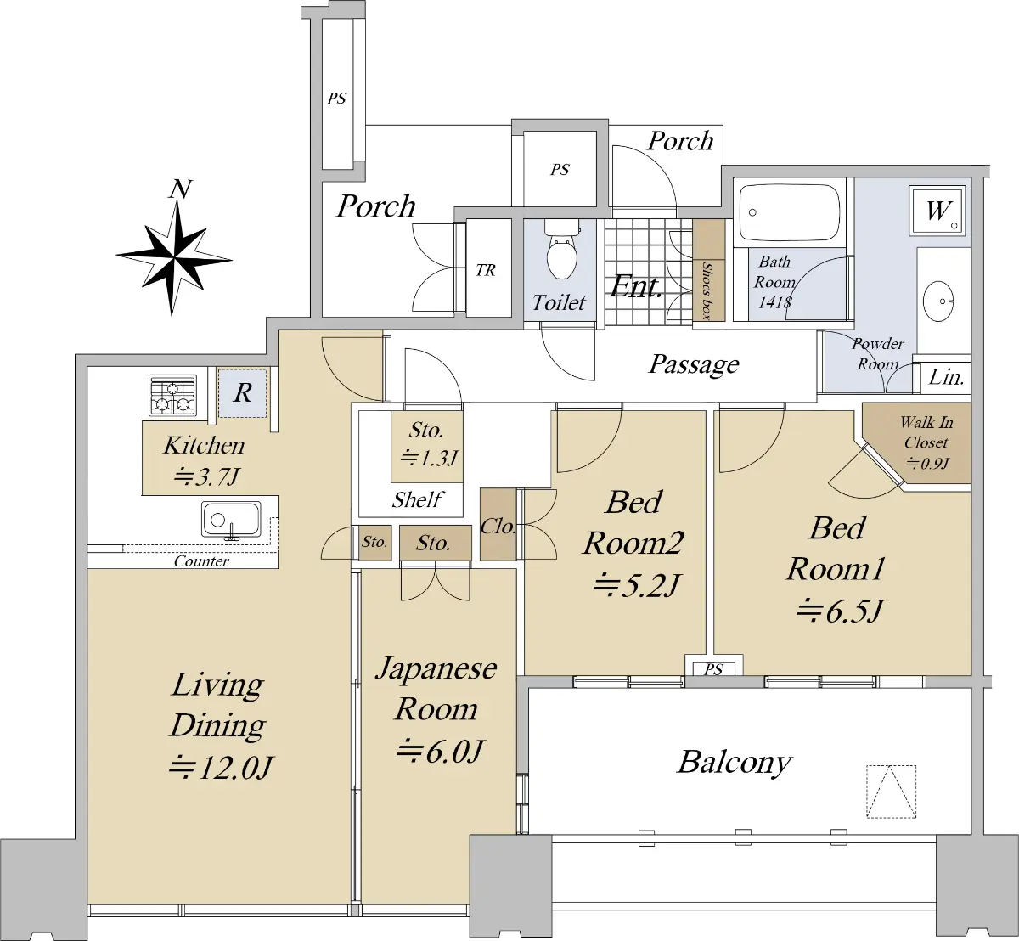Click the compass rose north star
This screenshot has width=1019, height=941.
coord(174,256)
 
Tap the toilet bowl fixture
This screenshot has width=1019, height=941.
coord(562,251)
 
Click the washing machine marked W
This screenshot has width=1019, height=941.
coord(937,211)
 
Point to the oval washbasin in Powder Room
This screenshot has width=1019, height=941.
coord(939,301)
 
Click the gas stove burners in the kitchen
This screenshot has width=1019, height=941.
coord(173,395)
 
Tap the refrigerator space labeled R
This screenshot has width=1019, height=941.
coord(243,393)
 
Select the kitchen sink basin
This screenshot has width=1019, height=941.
coord(231,519)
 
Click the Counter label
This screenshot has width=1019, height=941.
coord(201,561)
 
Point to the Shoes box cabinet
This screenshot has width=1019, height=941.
coord(708,270)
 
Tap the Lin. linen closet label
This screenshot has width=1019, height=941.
coord(946,378)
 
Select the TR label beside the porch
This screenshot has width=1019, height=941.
coord(486,270)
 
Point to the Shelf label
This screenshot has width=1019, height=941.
coord(418,499)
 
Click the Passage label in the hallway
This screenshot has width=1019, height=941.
coord(694,365)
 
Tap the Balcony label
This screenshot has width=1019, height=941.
coord(735,763)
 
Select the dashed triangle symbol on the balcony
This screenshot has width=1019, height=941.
coord(892,791)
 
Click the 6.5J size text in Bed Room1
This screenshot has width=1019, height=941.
coord(840,611)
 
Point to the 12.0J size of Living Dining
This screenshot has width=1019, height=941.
coord(220,768)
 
